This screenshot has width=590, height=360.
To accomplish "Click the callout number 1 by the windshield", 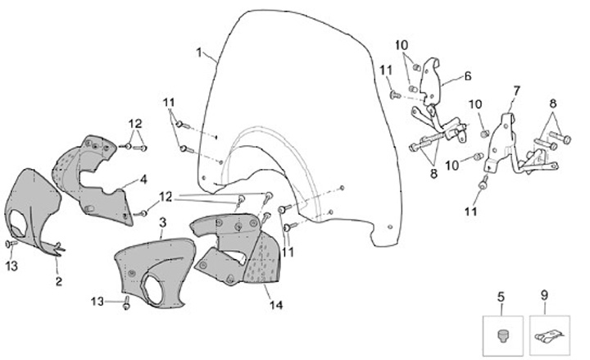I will pos(199,53).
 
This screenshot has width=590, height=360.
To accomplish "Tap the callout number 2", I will pos(59,281).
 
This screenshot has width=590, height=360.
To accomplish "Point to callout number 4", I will pos(143,178).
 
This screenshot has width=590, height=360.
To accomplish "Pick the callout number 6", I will pos(467,75).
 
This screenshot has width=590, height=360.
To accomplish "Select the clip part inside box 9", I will pos(549,335).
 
